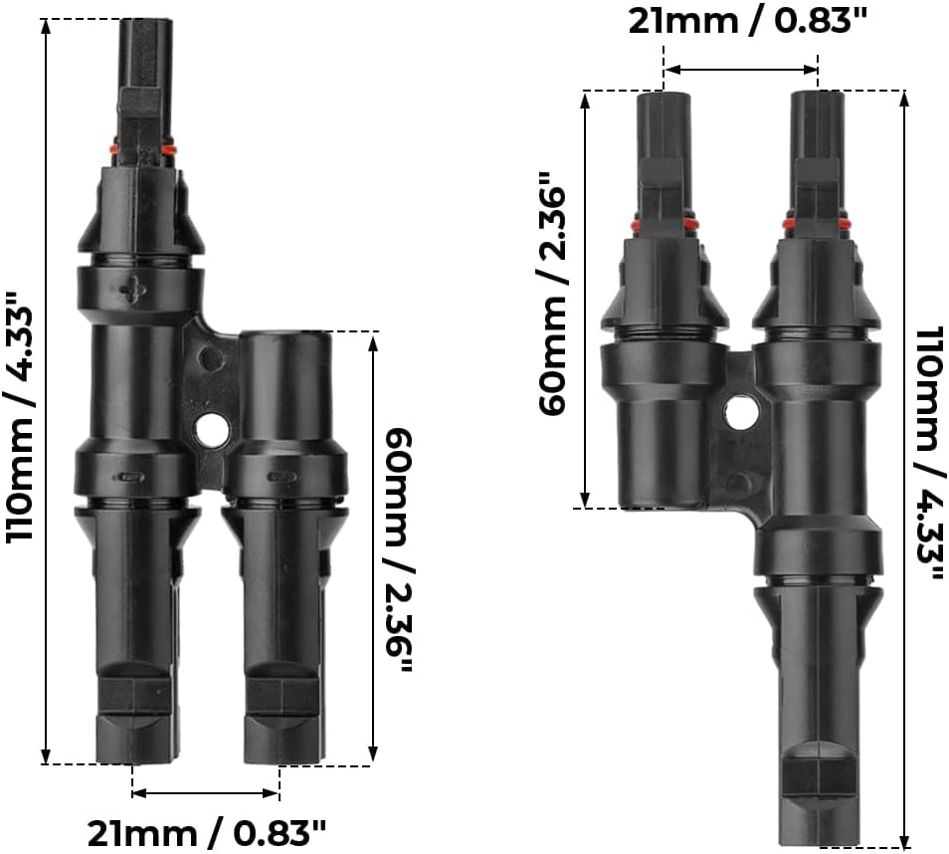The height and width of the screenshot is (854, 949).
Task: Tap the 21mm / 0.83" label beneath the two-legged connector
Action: [x=206, y=830]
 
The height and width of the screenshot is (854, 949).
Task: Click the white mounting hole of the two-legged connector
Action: [x=211, y=430]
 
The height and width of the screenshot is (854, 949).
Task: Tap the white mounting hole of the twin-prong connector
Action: [x=740, y=412]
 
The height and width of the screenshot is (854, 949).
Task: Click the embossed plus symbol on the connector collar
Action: [x=131, y=289]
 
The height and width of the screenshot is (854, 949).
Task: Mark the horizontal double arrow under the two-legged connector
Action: [x=205, y=793]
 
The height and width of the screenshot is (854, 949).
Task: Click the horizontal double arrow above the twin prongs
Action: [x=741, y=70]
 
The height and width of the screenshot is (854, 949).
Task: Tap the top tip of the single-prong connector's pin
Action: [x=144, y=23]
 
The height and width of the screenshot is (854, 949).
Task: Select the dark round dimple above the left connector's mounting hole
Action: [x=207, y=357]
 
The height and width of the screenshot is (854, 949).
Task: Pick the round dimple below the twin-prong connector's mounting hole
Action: [x=737, y=484]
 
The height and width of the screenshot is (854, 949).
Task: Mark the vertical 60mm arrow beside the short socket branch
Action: [x=373, y=548]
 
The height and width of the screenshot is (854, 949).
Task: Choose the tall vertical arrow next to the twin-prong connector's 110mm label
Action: [x=903, y=468]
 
